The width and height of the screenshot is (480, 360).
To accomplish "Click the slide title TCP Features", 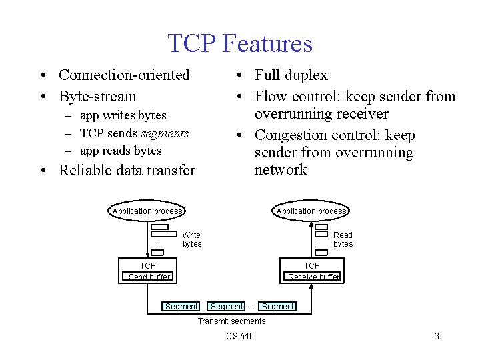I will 240,43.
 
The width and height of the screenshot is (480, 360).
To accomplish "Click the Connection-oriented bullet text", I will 124,75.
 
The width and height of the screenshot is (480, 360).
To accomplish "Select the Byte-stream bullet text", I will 97,97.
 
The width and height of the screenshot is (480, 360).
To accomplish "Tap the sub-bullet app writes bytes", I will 123,115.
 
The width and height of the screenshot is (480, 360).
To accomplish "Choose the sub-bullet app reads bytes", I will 121,151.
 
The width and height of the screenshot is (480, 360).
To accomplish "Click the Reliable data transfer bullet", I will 127,171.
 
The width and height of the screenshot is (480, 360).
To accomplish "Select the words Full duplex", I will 291,75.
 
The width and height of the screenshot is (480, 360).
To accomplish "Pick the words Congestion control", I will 311,135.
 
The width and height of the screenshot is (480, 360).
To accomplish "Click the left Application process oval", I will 147,211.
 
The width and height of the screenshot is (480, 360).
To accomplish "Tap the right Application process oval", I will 311,211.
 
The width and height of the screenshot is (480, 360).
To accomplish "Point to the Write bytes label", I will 192,239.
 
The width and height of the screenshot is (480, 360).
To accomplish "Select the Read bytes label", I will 343,239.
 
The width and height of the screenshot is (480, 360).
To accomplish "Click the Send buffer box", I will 149,277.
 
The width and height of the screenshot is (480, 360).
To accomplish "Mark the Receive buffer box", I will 313,277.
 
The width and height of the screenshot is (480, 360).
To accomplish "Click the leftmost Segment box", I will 181,307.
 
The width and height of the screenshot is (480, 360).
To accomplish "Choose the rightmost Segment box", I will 277,307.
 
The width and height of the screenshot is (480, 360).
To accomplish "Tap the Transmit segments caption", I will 231,321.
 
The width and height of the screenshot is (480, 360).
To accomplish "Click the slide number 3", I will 437,336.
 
